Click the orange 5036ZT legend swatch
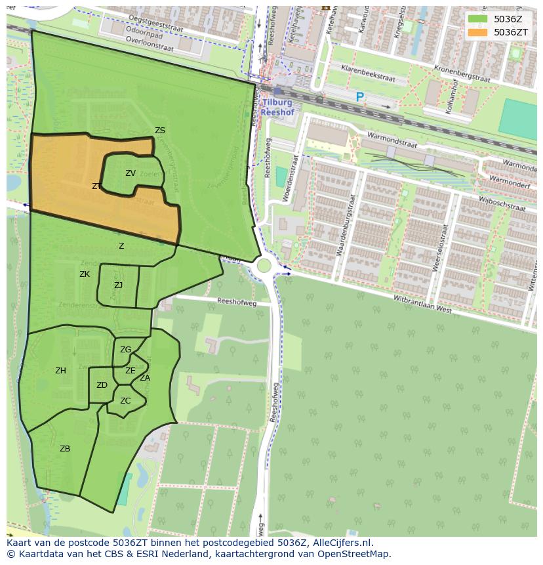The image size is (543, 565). point(477,32)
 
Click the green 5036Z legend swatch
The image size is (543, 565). point(477,19)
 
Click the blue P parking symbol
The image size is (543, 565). point(359,97)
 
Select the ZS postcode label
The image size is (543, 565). point(160,131)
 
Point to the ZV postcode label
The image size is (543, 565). point(131,173)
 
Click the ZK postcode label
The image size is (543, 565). point(85,274)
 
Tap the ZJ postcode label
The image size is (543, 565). point(118,285)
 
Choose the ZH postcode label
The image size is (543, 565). point(60,371)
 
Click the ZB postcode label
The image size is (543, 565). point(65,449)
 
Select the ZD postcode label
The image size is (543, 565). point(102,385)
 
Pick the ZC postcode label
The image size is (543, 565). point(125,401)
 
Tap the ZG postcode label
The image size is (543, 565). point(125,350)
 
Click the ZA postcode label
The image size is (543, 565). point(145,378)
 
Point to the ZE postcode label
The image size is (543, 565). point(131,371)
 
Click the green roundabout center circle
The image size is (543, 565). point(264,266)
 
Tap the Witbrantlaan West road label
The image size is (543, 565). point(422,304)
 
